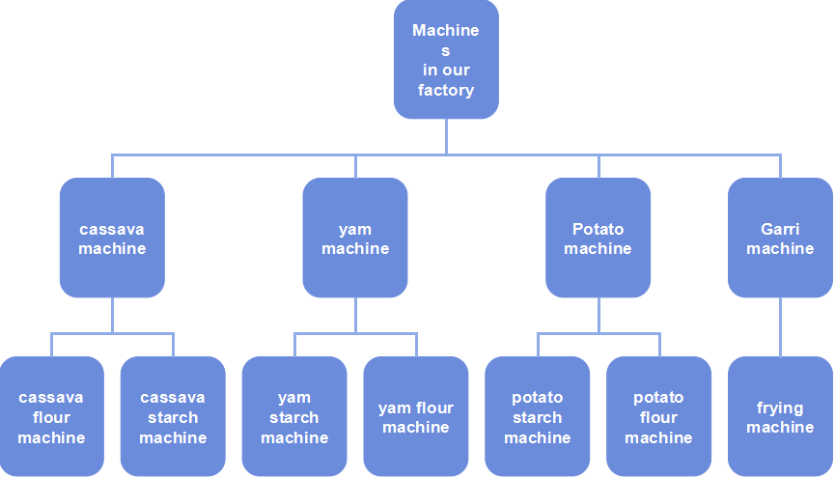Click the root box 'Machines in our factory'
click(x=446, y=60)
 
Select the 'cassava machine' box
click(x=112, y=238)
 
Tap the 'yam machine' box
click(x=355, y=238)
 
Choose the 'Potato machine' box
click(x=598, y=238)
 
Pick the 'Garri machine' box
click(x=780, y=238)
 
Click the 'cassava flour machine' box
click(x=51, y=416)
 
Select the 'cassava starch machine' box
click(x=173, y=416)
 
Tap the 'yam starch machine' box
click(x=294, y=416)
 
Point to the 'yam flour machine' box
click(x=416, y=416)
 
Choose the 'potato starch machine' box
click(x=537, y=416)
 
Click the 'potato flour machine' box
click(x=658, y=416)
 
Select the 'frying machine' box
click(x=780, y=416)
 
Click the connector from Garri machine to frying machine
click(x=780, y=326)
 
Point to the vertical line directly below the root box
click(x=446, y=136)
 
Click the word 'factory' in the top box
click(x=446, y=90)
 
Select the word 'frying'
click(x=780, y=408)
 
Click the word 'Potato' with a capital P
click(x=598, y=229)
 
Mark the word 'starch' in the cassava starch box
click(x=173, y=417)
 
